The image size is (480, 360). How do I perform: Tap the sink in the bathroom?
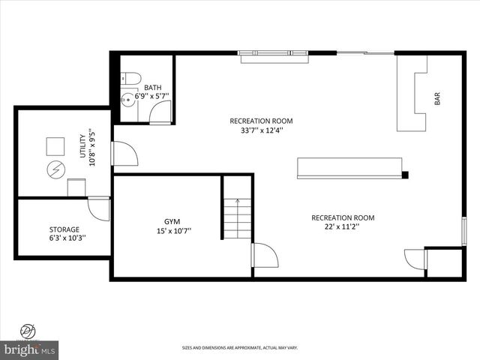pyautogui.click(x=127, y=98)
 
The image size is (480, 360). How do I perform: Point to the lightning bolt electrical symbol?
pyautogui.click(x=55, y=169)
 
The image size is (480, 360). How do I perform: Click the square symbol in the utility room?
pyautogui.click(x=55, y=145)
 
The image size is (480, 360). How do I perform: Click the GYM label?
pyautogui.click(x=172, y=222)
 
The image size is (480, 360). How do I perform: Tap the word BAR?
pyautogui.click(x=437, y=98)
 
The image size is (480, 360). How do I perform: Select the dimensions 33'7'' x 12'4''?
pyautogui.click(x=261, y=130)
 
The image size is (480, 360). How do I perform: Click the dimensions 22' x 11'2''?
pyautogui.click(x=343, y=226)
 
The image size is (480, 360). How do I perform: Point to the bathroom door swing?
pyautogui.click(x=160, y=113)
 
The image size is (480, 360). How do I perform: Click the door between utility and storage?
pyautogui.click(x=99, y=208)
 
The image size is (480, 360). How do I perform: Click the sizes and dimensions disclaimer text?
pyautogui.click(x=240, y=347)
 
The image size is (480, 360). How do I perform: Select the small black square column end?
pyautogui.click(x=405, y=175)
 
